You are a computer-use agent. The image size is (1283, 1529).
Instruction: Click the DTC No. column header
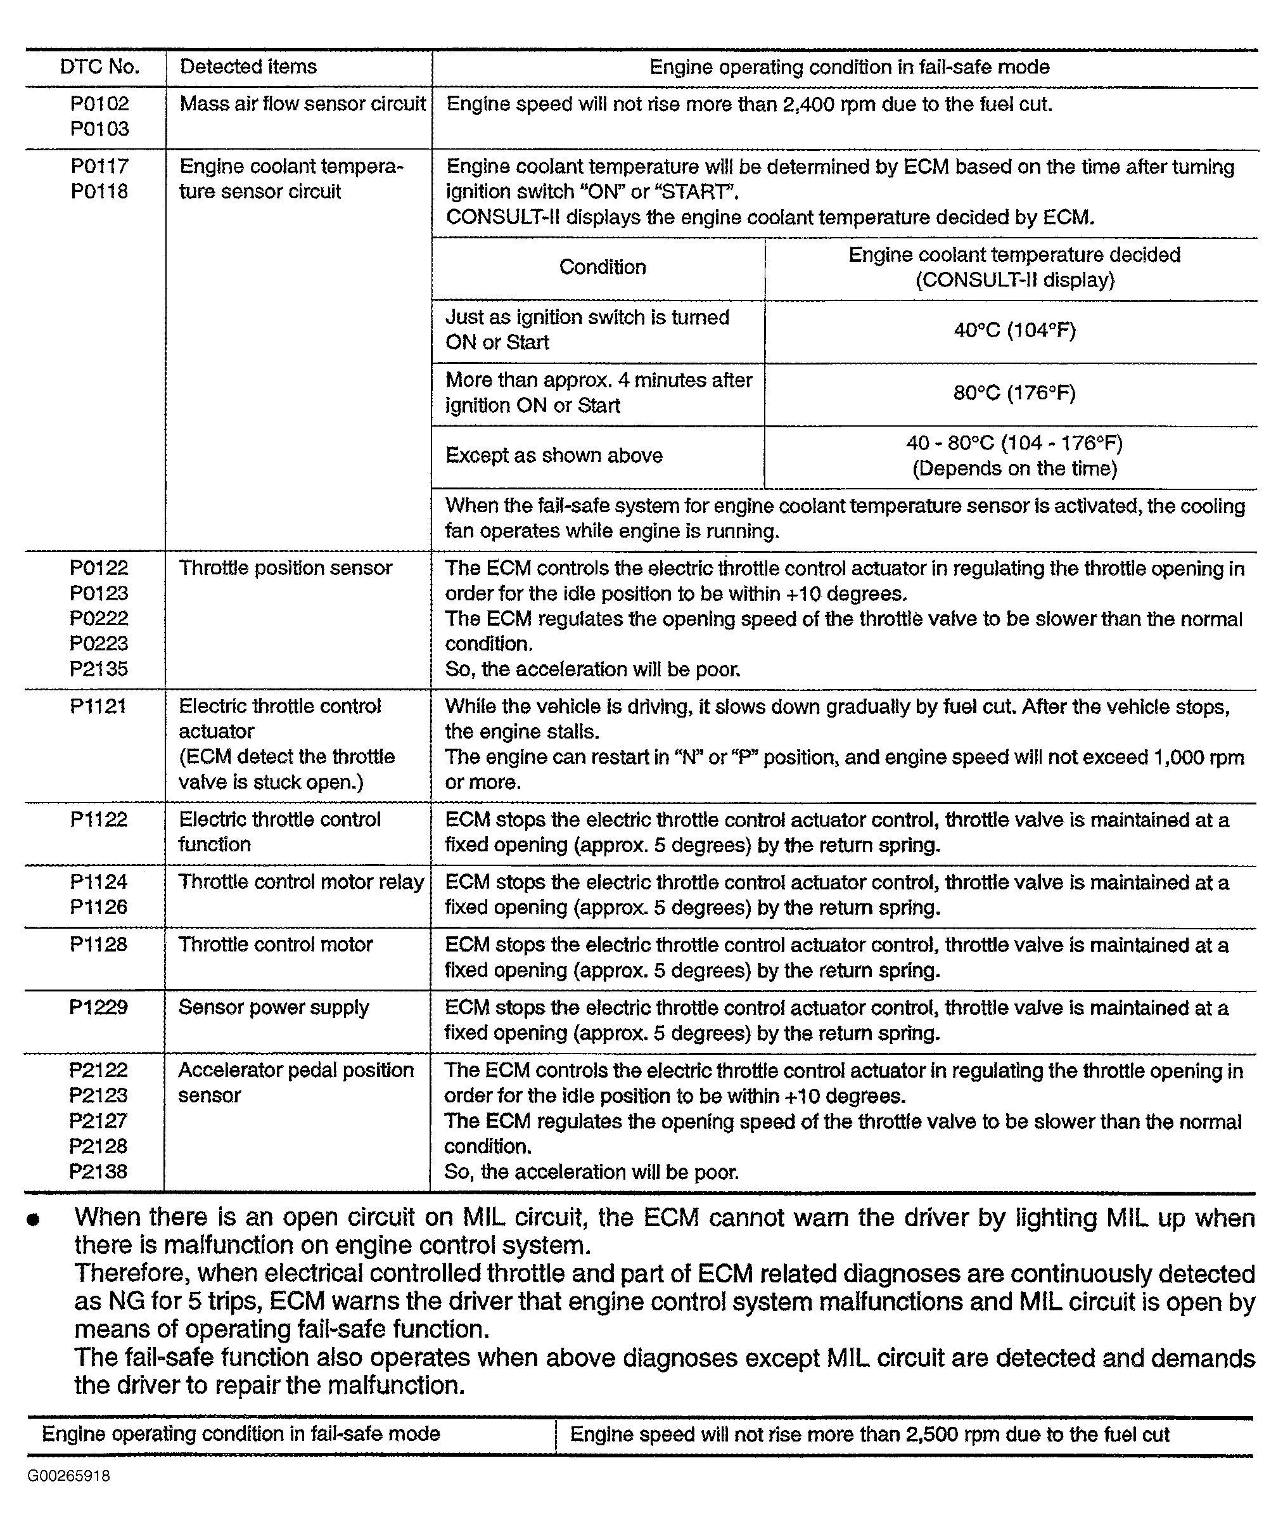99,67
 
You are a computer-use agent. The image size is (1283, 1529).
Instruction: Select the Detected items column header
248,67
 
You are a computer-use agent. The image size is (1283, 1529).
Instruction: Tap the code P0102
99,104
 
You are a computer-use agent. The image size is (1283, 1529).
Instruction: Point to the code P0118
99,191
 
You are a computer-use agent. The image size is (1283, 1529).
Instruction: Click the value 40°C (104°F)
1014,330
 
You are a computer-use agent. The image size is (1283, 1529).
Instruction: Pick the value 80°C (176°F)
1014,393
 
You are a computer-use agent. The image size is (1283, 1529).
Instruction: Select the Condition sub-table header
603,268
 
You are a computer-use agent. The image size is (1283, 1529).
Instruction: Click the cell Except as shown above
554,456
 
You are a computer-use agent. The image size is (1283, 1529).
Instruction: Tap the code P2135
99,668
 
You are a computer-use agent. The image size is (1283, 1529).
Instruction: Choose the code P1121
98,706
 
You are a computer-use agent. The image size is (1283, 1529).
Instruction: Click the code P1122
99,820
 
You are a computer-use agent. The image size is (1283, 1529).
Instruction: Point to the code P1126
99,907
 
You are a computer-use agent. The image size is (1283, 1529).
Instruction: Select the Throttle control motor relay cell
302,882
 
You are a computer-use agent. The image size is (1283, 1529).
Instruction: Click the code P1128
99,945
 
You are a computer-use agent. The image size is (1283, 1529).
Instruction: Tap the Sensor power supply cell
274,1008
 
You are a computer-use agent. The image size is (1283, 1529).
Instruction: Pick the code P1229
98,1008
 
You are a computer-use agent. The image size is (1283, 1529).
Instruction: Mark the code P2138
98,1171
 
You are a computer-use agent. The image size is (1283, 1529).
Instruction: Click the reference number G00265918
69,1476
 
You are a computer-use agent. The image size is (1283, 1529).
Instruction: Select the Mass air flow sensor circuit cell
303,104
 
